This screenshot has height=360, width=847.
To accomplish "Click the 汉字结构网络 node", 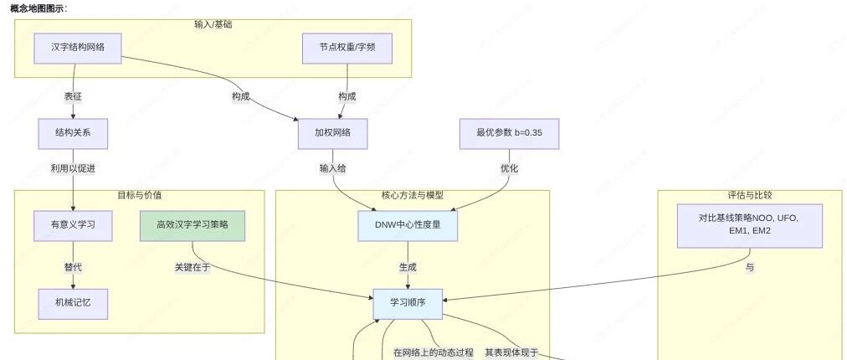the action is coord(78,48).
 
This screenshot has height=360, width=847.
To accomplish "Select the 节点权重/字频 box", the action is coord(347,48).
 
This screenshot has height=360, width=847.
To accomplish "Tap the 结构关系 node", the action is coord(73,133).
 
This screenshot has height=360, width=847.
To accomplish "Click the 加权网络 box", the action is coord(333,133).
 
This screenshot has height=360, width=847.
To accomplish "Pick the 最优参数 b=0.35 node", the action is coord(510,133).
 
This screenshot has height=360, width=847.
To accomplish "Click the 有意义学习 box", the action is coord(73,225).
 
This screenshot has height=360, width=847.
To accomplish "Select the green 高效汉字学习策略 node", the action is coord(192,225).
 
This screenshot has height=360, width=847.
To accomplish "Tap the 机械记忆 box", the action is coord(73,304).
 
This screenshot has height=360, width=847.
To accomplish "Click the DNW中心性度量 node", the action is coord(408,225).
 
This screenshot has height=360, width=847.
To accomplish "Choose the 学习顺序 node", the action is coord(408,304).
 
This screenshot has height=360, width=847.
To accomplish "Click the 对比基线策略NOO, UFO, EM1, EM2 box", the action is coord(750,225).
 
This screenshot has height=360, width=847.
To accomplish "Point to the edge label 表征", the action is coord(73,97).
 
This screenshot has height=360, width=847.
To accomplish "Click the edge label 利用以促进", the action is coord(73,168).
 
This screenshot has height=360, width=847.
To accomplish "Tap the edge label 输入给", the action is coord(333,168).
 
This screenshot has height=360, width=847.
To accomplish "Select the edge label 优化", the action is coord(510,168).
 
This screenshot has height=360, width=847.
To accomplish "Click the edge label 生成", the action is coord(408,268).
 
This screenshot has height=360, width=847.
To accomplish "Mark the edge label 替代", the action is coord(73,268).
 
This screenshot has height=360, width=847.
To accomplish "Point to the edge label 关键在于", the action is coord(192,267).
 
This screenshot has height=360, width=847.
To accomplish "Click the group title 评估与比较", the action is coord(750,195).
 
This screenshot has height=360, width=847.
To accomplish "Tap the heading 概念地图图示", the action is coord(38,8).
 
